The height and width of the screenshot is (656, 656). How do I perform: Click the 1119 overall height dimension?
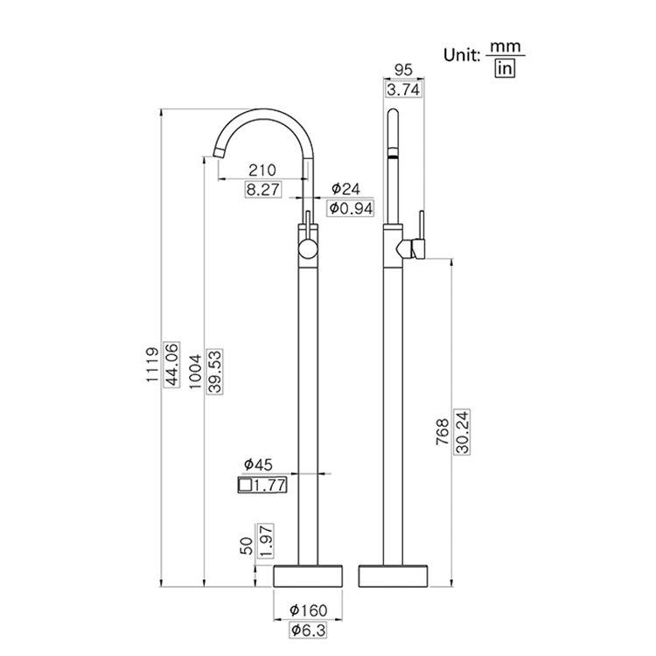coord(150,367)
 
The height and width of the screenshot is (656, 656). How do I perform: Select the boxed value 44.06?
coord(171,367)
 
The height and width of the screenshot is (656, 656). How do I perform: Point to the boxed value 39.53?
coord(214,368)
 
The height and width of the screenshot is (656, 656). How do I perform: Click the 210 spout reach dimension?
coord(262,170)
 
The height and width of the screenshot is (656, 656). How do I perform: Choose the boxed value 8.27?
coord(262,188)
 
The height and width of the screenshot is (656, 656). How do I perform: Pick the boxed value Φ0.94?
coord(350,207)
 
